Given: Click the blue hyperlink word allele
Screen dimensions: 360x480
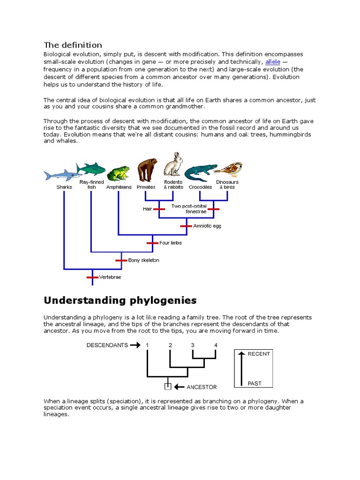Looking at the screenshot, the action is point(272,61).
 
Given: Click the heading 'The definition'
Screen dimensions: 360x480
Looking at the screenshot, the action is point(73,45).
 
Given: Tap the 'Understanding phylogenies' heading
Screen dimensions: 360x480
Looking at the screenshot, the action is point(120,300).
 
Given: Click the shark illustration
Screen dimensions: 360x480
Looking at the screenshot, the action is point(60,175).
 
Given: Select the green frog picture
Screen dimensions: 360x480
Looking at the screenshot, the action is point(118,173).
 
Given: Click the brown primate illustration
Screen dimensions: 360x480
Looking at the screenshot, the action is point(146,170).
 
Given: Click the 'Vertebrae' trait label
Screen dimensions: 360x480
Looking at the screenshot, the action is point(110,277).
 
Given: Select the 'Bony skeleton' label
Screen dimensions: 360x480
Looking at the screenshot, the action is point(143,260).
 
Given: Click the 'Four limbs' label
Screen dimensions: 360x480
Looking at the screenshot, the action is point(170,243).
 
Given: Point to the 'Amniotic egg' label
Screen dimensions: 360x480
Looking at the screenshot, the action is point(207,226).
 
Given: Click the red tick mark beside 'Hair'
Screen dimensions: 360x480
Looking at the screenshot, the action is point(159,209).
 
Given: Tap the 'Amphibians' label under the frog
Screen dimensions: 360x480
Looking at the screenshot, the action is point(119,187).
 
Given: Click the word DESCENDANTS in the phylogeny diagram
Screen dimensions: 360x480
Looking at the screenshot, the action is point(107,345).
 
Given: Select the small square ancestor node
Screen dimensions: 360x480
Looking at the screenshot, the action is point(167,387).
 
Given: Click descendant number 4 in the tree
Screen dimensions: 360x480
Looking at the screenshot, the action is point(216,345).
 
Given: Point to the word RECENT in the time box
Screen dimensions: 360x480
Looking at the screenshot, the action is point(259,354).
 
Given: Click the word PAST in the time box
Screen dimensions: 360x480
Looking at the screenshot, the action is point(255,383).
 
